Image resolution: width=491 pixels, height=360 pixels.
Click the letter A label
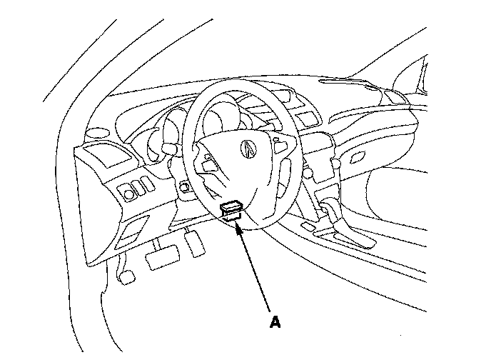pyautogui.click(x=275, y=321)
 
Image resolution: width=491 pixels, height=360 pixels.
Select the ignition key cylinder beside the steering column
pyautogui.click(x=184, y=189)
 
